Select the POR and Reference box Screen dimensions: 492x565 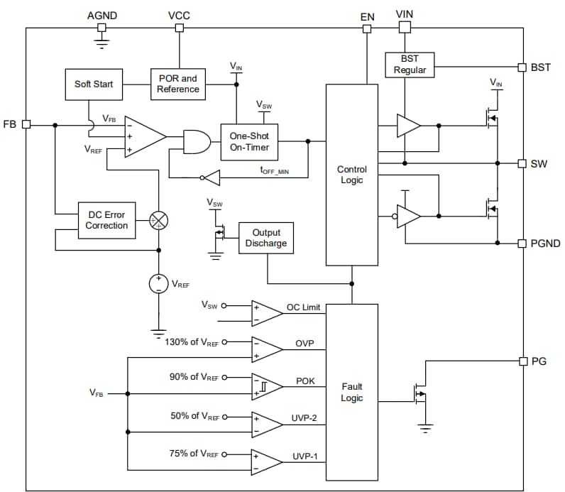pos(178,84)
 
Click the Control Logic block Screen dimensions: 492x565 pos(351,175)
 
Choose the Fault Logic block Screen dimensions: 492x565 pos(351,393)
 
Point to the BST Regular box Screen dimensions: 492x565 pos(410,65)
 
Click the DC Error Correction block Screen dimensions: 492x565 pos(106,220)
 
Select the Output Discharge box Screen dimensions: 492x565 pos(266,238)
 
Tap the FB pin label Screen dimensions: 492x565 pos(11,124)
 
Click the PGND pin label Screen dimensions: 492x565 pos(545,244)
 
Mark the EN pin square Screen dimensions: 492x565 pos(367,29)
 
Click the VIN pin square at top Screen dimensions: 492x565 pos(405,28)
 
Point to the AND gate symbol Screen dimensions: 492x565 pos(197,141)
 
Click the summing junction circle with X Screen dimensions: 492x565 pos(158,221)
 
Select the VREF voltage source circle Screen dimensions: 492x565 pos(158,284)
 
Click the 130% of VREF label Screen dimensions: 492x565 pos(192,341)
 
